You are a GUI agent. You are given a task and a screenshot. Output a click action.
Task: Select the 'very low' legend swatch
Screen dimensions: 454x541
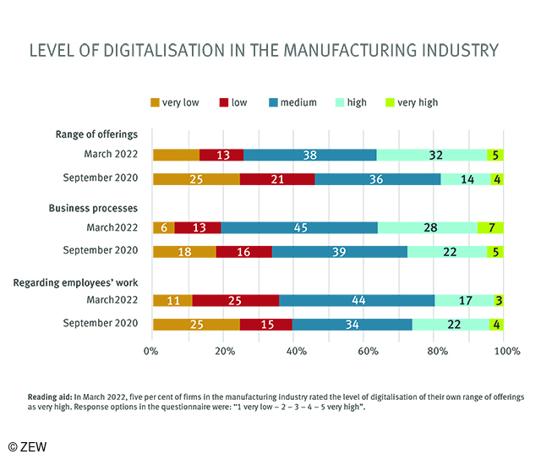click(156, 102)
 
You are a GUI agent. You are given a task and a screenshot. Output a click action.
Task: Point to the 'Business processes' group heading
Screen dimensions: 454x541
click(95, 208)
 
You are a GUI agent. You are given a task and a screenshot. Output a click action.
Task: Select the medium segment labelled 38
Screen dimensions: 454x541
click(309, 155)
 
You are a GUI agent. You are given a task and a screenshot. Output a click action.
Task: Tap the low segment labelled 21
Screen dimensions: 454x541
click(278, 179)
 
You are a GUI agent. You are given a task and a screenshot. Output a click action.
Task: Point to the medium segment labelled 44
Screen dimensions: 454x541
click(357, 300)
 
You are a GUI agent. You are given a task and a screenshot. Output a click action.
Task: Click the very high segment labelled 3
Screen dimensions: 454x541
click(499, 300)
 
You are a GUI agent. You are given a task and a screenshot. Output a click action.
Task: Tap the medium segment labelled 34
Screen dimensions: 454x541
click(352, 325)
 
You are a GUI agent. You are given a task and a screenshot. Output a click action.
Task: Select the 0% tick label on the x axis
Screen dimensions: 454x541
click(152, 350)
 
